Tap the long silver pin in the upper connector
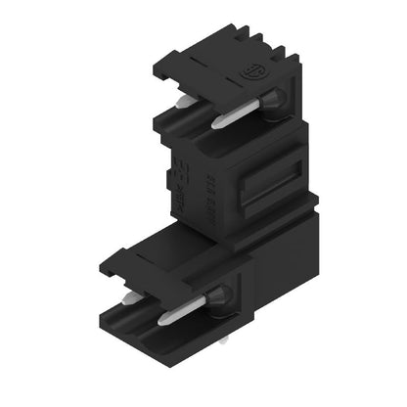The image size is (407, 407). (x=241, y=112)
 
